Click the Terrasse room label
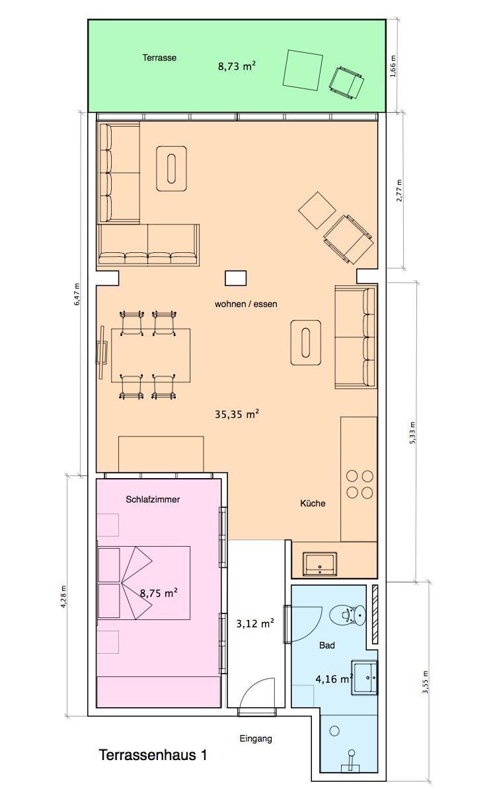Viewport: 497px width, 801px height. point(159,57)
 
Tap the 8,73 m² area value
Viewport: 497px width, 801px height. point(237,66)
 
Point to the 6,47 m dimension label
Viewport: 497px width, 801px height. point(77,294)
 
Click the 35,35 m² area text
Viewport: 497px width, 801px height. point(237,414)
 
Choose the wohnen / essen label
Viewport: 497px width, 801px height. point(246,304)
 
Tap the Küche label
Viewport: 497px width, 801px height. point(313,503)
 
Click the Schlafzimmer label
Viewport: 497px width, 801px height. point(153,500)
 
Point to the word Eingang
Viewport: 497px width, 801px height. point(256,738)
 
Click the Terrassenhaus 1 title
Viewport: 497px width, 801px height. point(153,755)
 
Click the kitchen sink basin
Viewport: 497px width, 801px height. point(320,564)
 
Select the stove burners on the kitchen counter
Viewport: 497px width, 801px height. point(360,485)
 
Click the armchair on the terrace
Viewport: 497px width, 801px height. point(346,83)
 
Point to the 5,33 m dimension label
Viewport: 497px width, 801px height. point(412,433)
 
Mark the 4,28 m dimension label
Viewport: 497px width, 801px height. point(63,596)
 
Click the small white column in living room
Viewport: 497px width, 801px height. point(235,278)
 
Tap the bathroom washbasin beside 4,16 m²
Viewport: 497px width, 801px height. point(365,678)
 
